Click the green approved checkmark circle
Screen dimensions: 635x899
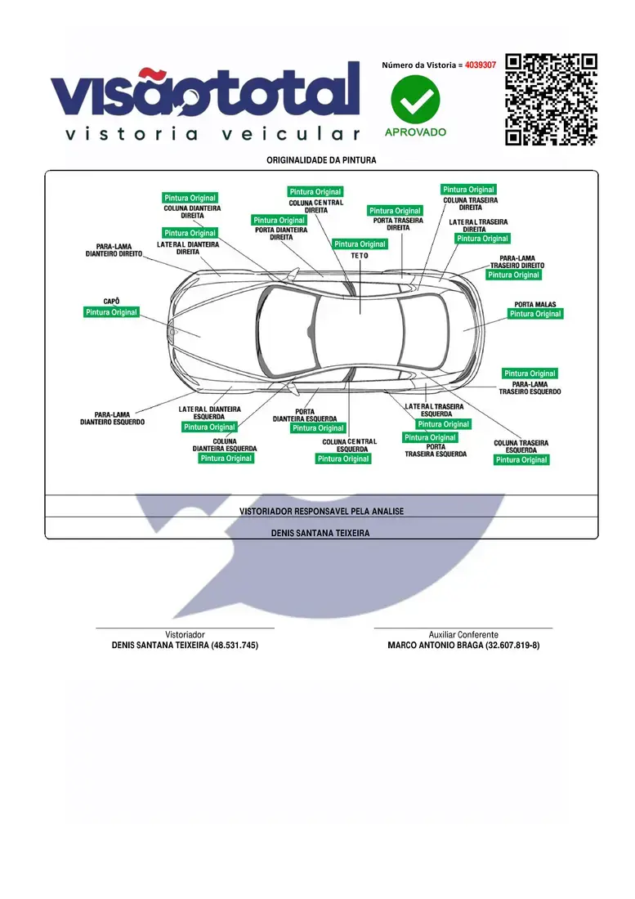pos(415,99)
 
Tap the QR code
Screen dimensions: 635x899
pos(551,99)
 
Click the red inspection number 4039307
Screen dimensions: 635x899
pos(481,65)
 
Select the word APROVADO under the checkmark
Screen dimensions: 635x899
pos(415,132)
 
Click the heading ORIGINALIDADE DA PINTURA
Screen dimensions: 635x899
pos(321,160)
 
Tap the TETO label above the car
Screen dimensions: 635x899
pos(360,256)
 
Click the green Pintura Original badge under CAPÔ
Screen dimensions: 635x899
pos(111,312)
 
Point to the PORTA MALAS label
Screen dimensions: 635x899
pos(534,305)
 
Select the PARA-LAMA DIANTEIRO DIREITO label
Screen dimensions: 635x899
pos(114,250)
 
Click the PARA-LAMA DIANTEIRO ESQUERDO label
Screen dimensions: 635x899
pos(112,418)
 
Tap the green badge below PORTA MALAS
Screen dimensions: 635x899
pos(535,314)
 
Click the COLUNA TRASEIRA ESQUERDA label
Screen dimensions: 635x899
pos(521,446)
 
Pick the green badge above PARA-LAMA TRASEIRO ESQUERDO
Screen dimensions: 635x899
pos(530,373)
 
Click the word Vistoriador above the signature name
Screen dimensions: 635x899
pos(185,635)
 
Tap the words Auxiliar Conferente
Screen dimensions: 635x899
pos(463,635)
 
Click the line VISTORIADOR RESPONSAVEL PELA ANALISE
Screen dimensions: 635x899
pos(321,512)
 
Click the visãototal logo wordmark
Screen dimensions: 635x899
pos(206,91)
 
